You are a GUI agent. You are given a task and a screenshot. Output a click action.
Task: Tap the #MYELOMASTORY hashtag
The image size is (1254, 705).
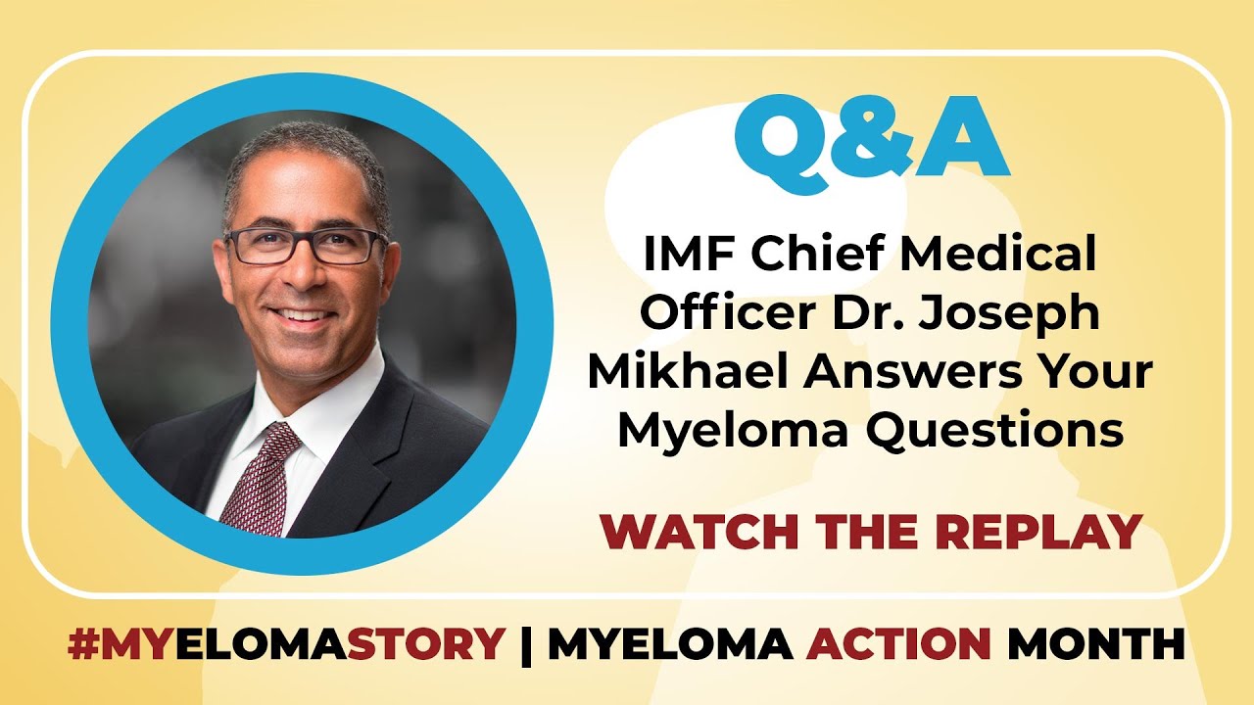(x=285, y=645)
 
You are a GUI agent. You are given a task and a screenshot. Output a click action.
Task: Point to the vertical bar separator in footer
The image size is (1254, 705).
(x=526, y=645)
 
